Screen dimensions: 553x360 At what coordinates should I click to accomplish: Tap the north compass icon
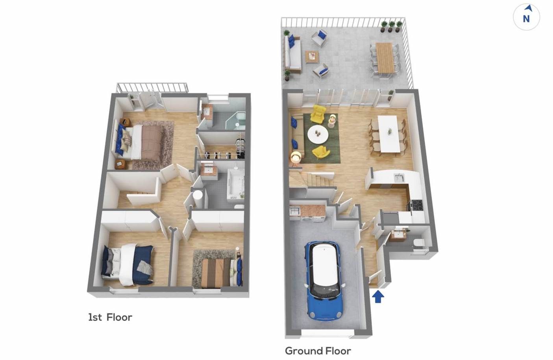coord(526,17)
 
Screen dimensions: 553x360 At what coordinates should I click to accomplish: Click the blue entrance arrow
coord(378,296)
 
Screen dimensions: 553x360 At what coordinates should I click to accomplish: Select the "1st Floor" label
coord(110,318)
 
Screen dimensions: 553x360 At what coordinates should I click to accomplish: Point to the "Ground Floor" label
coord(318,351)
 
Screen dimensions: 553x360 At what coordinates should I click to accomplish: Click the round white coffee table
coord(318,135)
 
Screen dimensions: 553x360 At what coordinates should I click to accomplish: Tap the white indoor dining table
coord(388,134)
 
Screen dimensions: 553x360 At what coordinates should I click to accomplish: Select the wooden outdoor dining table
coord(385,58)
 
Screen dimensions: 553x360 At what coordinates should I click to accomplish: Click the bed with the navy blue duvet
coord(129,264)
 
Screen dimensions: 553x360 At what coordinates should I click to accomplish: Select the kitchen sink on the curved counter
coord(399,178)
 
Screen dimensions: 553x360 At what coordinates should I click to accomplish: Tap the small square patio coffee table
coord(312,57)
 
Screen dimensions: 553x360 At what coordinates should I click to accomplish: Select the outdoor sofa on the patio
coord(293,54)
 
